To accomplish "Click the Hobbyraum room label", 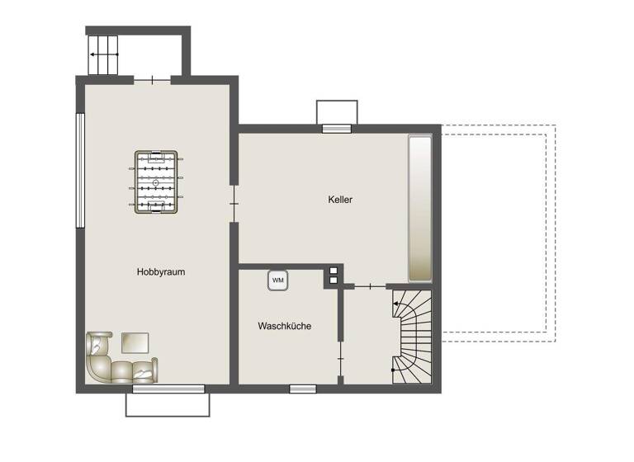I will coord(160,271).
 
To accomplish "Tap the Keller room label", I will coord(339,199).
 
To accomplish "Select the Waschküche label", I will coord(284,326).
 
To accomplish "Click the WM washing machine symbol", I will coord(278,280).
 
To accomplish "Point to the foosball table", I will coord(155,182).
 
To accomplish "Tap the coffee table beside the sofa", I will coord(135,342).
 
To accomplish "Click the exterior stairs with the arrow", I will coord(104,55).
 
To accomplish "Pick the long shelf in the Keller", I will coord(420,210).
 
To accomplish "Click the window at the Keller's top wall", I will coord(337,128).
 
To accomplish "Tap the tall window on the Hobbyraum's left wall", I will coord(80,170).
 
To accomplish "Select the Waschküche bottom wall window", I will coord(303,388).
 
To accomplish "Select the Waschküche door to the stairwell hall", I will coord(340,356).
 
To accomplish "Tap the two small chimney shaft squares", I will coord(334,275).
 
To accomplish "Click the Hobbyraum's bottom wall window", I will coord(168,388).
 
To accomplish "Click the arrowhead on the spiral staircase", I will coord(396,304).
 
